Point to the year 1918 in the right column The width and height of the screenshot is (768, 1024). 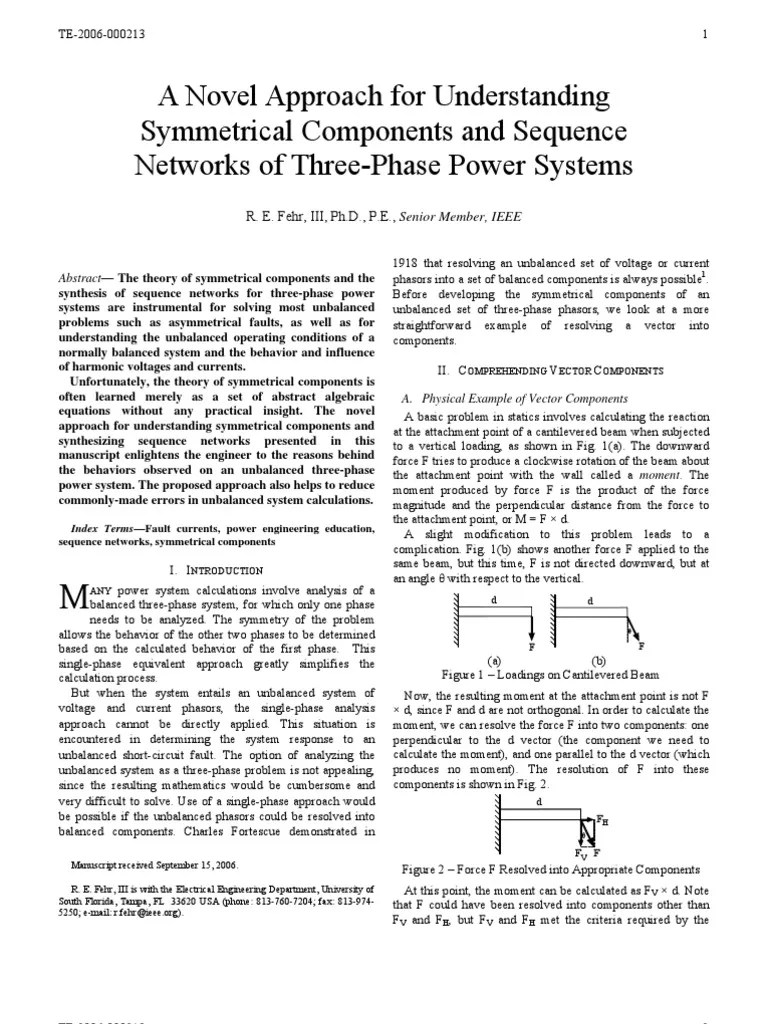pos(405,263)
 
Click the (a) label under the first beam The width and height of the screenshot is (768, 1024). pos(494,661)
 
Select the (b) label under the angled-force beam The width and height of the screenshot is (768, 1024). pos(598,661)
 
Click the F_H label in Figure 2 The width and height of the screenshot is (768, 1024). pos(601,819)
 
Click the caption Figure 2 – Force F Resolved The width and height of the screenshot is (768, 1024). pos(550,869)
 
